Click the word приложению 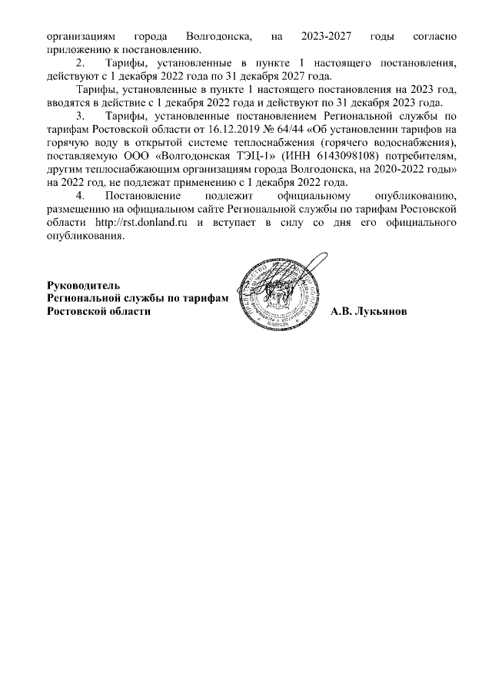click(x=78, y=49)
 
